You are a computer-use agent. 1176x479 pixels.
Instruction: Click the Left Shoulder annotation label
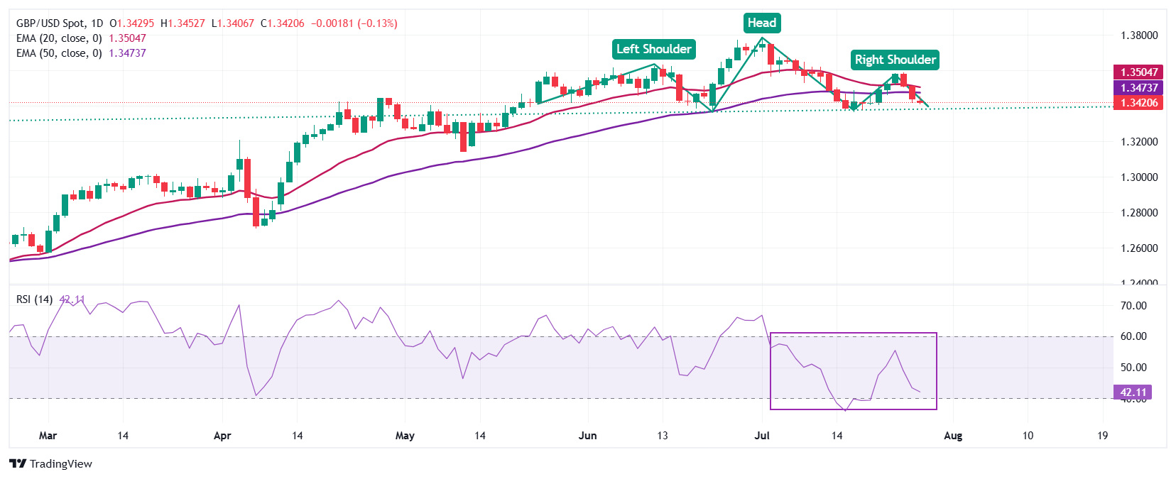click(x=653, y=49)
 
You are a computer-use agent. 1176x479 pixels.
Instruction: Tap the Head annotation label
click(x=762, y=23)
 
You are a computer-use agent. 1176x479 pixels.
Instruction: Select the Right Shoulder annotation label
click(x=895, y=60)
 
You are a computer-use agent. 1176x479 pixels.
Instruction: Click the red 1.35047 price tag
click(x=1139, y=72)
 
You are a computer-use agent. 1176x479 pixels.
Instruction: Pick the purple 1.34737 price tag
click(x=1139, y=87)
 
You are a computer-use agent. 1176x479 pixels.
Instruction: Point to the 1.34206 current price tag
click(x=1139, y=103)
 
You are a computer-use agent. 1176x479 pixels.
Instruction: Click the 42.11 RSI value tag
click(x=1133, y=392)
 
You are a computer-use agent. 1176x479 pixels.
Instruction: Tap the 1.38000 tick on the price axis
click(x=1139, y=35)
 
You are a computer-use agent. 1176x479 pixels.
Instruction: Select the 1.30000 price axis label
click(x=1139, y=177)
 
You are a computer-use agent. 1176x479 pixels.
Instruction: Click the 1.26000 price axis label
click(x=1139, y=248)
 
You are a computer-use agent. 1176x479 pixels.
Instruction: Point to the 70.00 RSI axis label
click(x=1133, y=306)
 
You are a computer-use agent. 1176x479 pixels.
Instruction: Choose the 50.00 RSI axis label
click(x=1133, y=368)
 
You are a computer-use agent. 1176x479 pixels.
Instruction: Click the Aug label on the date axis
click(x=953, y=436)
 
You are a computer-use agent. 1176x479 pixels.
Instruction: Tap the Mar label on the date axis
click(x=48, y=436)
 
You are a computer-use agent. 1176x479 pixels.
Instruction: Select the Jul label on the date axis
click(x=762, y=436)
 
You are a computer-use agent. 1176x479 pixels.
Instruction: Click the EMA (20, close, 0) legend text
click(x=59, y=38)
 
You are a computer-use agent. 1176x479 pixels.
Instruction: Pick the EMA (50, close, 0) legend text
click(x=59, y=53)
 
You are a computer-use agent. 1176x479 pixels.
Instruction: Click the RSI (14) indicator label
click(x=34, y=299)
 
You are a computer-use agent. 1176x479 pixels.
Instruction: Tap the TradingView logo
click(x=51, y=464)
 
